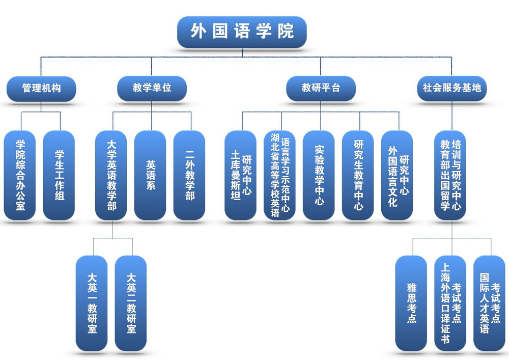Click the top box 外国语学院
pos(242,32)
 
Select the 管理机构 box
pos(41,88)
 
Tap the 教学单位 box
pos(152,88)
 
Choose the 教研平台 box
pos(321,88)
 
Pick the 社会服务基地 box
pos(451,88)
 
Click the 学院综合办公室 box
pos(20,175)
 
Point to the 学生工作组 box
pos(59,175)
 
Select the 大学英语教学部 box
pos(111,175)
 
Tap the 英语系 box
pos(151,175)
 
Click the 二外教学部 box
pos(189,175)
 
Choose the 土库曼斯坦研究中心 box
pos(241,175)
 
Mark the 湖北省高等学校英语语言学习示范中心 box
pos(280,175)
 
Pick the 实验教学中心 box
pos(319,175)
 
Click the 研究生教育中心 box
pos(358,175)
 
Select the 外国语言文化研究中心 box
pos(398,175)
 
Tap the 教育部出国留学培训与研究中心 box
pos(451,175)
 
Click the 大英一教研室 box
pos(92,303)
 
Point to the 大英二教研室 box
pos(131,303)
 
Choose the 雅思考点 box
pos(411,303)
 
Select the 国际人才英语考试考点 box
pos(490,303)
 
